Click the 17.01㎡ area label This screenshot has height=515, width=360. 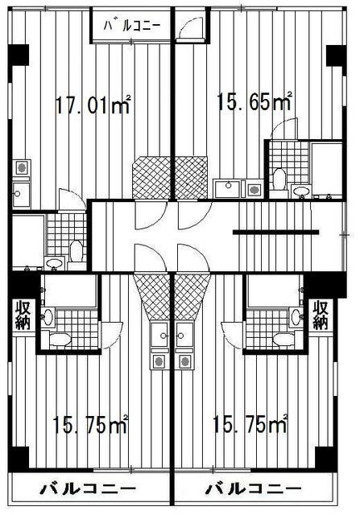click(x=93, y=105)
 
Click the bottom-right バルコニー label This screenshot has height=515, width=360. click(x=254, y=489)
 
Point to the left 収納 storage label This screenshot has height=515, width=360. click(x=22, y=315)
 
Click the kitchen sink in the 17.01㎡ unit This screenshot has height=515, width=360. click(x=21, y=193)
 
